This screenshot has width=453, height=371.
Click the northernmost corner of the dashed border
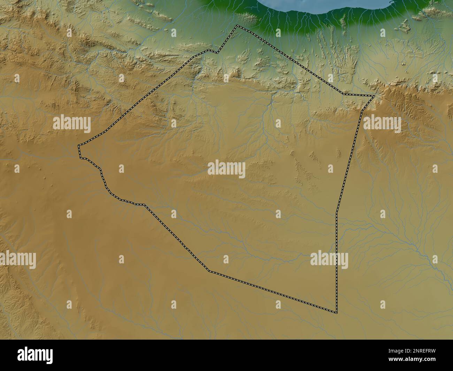(x=237, y=25)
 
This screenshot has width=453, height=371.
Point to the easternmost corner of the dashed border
(x=375, y=95)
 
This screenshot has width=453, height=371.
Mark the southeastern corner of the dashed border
(x=337, y=312)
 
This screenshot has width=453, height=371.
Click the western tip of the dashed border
(x=79, y=145)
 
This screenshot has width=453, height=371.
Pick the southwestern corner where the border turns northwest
(x=209, y=271)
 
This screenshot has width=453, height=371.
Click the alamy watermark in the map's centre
(x=227, y=169)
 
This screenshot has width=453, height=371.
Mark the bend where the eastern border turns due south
(x=337, y=212)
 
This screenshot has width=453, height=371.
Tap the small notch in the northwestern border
(x=217, y=53)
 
